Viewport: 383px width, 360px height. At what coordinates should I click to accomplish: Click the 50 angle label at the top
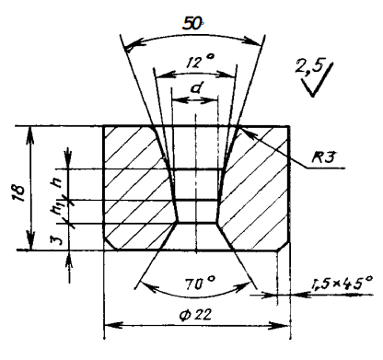click(x=192, y=23)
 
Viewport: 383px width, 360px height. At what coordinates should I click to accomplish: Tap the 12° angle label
click(x=200, y=61)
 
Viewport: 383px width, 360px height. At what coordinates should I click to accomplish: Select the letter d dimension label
click(x=195, y=88)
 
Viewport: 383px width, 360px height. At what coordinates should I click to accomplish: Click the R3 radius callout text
click(x=323, y=157)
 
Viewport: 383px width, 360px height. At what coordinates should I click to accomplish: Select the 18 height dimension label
click(x=19, y=192)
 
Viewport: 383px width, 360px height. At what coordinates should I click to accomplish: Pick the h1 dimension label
click(x=57, y=208)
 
